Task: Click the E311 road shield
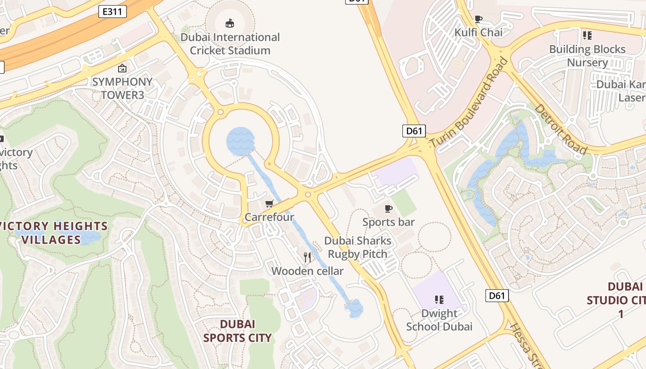tap(113, 12)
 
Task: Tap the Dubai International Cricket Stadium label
tap(230, 44)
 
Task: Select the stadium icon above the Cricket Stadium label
tap(229, 23)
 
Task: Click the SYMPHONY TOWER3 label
tap(122, 88)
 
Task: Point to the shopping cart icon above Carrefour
tap(269, 203)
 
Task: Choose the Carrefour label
tap(269, 217)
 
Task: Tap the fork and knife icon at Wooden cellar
tap(307, 257)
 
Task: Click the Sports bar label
tap(389, 222)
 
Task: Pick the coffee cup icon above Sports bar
tap(389, 208)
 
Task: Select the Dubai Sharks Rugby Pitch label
tap(358, 247)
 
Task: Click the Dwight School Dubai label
tap(439, 320)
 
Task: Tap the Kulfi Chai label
tap(479, 32)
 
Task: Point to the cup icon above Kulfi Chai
tap(479, 19)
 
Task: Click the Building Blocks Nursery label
tap(587, 55)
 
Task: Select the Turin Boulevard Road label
tap(469, 102)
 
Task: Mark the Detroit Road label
tap(561, 129)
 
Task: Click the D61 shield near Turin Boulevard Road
tap(414, 131)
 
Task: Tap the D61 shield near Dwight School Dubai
tap(497, 295)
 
